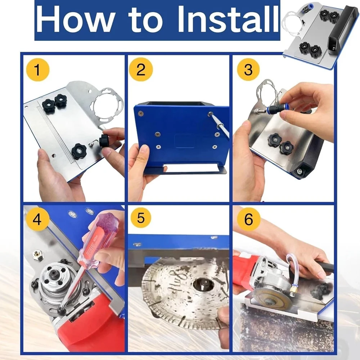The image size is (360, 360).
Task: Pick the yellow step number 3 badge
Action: [x=248, y=69]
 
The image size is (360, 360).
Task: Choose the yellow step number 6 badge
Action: [x=248, y=219]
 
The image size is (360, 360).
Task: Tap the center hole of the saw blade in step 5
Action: [x=203, y=284]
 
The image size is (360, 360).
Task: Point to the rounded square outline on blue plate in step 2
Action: [x=185, y=140]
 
